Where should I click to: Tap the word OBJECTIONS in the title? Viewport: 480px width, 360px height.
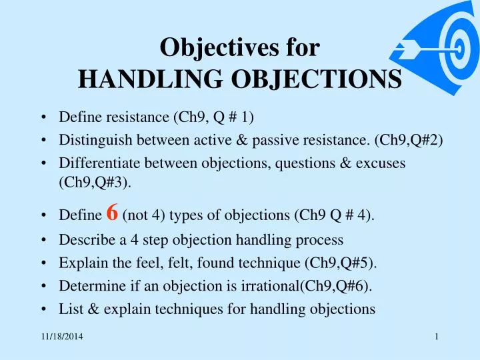pos(314,80)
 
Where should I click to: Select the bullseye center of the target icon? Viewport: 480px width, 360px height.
pos(459,49)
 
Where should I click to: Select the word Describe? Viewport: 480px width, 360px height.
pos(81,239)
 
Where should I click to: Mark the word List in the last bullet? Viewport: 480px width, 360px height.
pos(69,309)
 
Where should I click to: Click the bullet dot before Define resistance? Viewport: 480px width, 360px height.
pos(43,118)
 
